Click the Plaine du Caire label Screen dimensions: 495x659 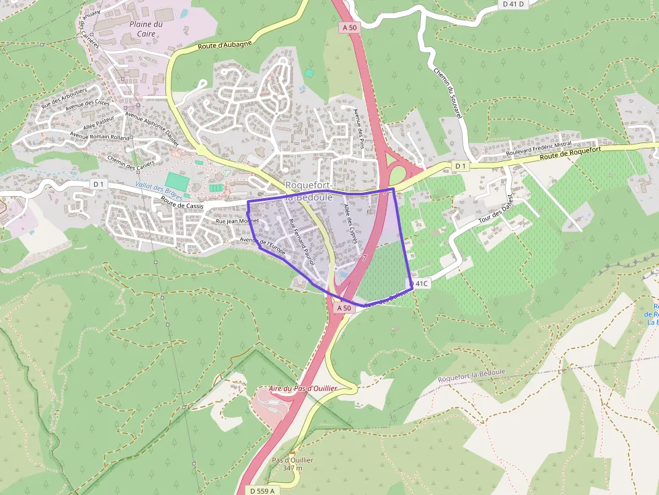(x=146, y=29)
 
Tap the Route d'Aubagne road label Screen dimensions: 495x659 (x=225, y=45)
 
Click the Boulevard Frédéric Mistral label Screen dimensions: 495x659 (x=540, y=148)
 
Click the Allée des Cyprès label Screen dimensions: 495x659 (x=350, y=222)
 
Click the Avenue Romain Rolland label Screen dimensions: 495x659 (x=100, y=136)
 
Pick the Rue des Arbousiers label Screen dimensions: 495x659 (x=65, y=98)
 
